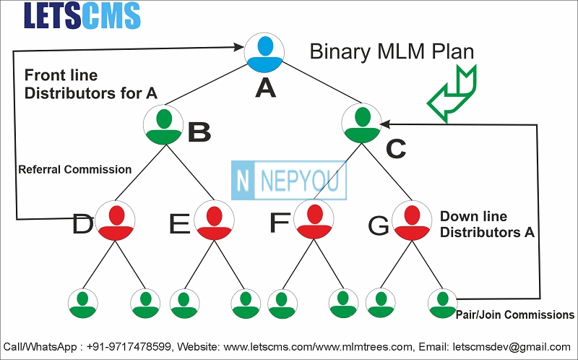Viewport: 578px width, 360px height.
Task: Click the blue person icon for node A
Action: pyautogui.click(x=264, y=52)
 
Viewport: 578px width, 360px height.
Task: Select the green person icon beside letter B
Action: pyautogui.click(x=164, y=124)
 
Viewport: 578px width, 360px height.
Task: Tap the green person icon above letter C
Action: pyautogui.click(x=362, y=123)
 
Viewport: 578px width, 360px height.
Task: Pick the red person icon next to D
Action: pyautogui.click(x=115, y=220)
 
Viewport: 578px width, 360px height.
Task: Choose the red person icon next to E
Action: pyautogui.click(x=214, y=220)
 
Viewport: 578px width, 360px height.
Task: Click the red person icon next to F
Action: pyautogui.click(x=314, y=219)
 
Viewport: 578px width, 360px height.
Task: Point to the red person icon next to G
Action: pyautogui.click(x=412, y=220)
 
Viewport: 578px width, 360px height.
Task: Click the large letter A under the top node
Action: pyautogui.click(x=265, y=88)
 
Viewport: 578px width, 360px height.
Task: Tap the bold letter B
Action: pyautogui.click(x=199, y=132)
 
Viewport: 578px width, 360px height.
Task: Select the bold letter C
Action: pyautogui.click(x=396, y=149)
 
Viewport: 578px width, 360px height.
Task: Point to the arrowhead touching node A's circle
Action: pyautogui.click(x=239, y=47)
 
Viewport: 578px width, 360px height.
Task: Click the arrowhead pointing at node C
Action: pyautogui.click(x=385, y=124)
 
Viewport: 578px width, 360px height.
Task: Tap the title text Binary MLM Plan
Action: pyautogui.click(x=392, y=51)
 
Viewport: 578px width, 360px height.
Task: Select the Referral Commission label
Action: pyautogui.click(x=75, y=170)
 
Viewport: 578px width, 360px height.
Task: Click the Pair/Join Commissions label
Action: pyautogui.click(x=515, y=314)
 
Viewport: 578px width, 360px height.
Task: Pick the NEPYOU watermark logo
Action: pyautogui.click(x=288, y=181)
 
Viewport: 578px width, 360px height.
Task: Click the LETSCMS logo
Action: pyautogui.click(x=82, y=15)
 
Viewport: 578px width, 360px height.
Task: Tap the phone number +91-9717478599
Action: pyautogui.click(x=129, y=347)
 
